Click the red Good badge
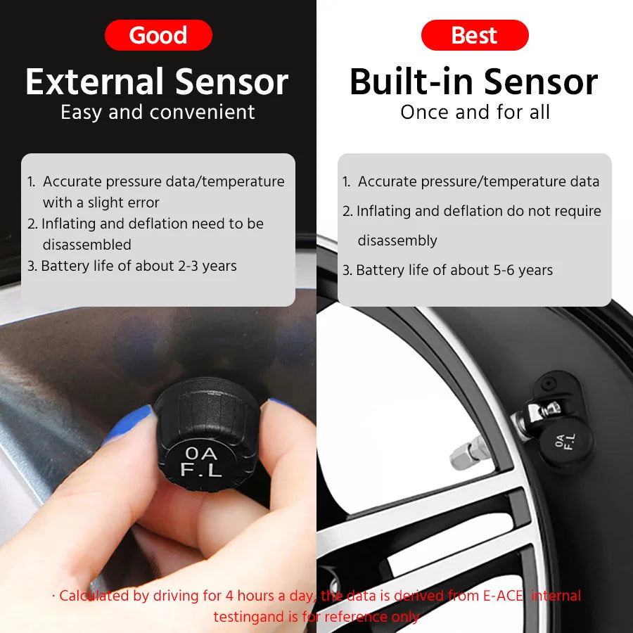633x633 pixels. pos(158,35)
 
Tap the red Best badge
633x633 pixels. pos(475,35)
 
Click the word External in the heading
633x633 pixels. pos(94,82)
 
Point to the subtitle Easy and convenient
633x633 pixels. pos(158,113)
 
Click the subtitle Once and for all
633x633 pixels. pos(475,113)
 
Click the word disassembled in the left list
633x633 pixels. pos(87,245)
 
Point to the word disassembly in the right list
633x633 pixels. pos(397,241)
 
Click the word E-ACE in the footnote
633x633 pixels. pos(502,596)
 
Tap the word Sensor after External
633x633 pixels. pos(231,82)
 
